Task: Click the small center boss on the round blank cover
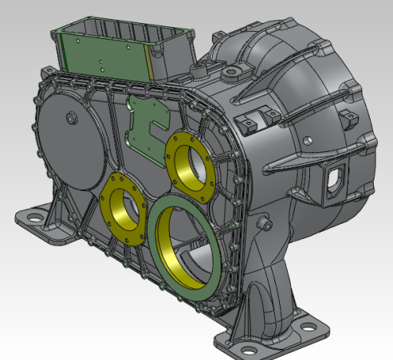[x=71, y=119]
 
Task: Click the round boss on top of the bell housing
[x=233, y=75]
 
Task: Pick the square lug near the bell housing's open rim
[x=348, y=119]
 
